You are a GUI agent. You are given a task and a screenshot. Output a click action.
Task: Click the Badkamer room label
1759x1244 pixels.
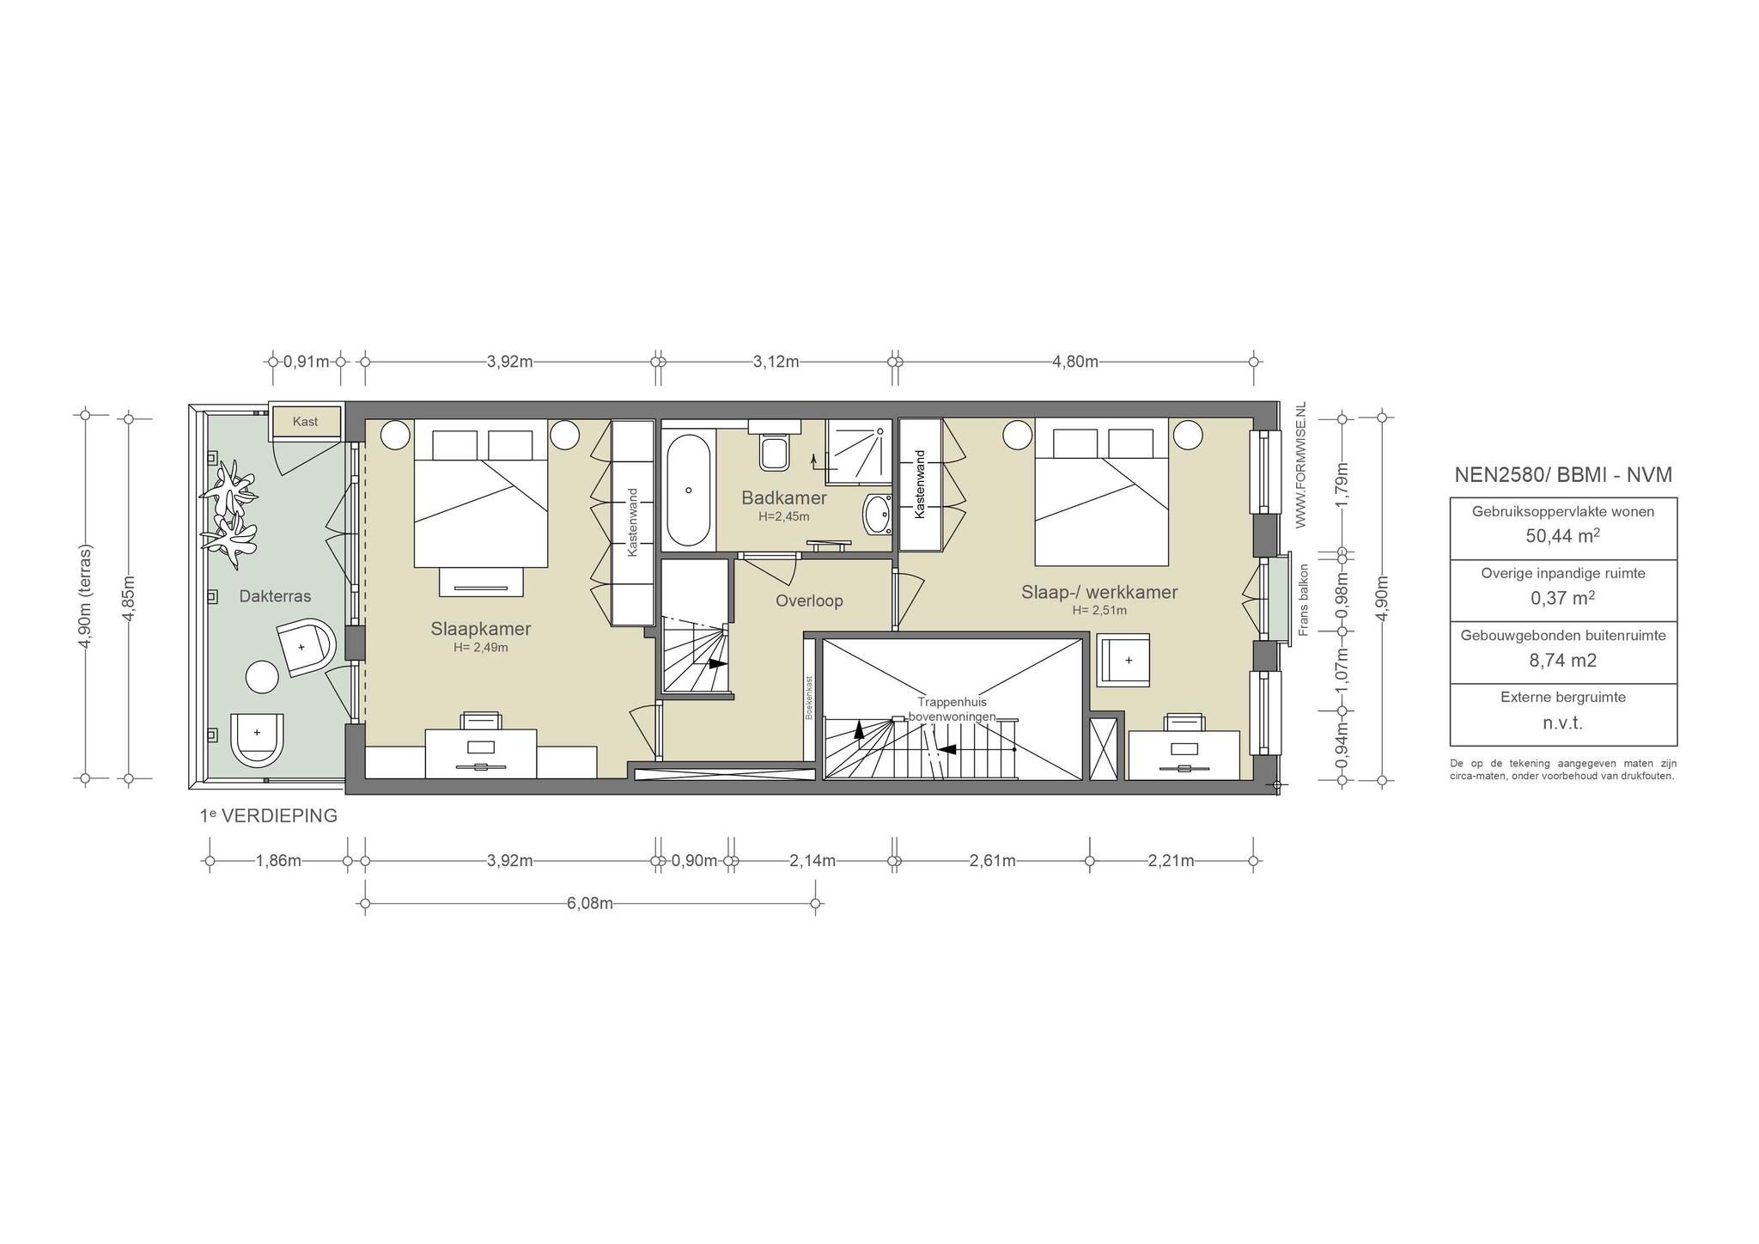784,498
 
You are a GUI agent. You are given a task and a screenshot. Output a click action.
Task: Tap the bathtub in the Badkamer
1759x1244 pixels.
688,491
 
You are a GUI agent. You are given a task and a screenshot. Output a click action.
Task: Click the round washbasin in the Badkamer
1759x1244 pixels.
878,515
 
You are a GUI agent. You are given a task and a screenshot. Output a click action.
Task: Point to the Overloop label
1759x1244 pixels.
809,601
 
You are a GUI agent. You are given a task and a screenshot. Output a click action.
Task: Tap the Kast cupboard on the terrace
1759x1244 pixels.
306,422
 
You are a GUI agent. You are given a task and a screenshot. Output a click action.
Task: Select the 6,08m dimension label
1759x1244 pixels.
589,904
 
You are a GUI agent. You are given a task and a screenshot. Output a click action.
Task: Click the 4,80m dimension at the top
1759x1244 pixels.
1075,362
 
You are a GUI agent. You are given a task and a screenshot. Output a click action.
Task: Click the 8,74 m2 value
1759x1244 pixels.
1562,661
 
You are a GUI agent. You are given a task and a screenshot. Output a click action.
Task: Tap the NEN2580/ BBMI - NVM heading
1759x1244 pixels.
1563,475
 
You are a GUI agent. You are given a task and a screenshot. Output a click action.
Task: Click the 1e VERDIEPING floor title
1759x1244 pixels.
269,816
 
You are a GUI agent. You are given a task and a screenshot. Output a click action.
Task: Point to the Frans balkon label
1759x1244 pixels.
1303,600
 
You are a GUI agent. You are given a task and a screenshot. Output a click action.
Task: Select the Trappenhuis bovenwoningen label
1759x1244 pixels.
952,709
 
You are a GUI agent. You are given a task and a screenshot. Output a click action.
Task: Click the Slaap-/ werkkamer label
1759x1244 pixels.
1099,592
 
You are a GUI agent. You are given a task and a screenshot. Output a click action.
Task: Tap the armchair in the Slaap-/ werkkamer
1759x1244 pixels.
1124,659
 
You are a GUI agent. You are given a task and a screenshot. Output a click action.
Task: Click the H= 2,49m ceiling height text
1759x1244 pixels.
481,648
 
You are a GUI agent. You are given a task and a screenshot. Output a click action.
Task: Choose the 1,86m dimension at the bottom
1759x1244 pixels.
278,861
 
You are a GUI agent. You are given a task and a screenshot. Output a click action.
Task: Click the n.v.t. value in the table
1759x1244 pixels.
1562,723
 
